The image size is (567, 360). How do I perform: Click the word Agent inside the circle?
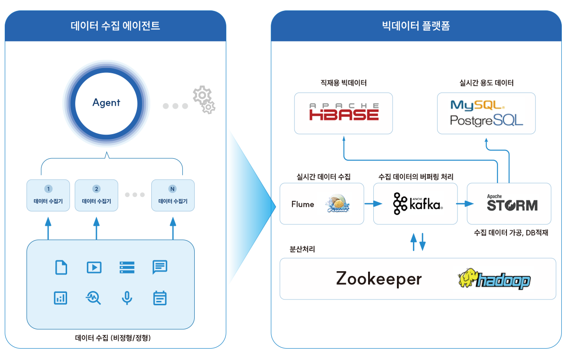pos(106,103)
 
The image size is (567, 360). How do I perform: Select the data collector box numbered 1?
pos(48,195)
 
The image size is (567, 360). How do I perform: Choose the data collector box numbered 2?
pos(96,195)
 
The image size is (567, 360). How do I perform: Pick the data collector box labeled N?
pos(172,195)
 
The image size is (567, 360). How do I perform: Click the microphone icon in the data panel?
pos(126,298)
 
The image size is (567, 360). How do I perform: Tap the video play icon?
pos(94,267)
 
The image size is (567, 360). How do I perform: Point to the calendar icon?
pos(160,298)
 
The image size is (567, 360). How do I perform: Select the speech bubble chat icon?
pos(160,267)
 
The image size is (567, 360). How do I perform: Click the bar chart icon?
pos(61,298)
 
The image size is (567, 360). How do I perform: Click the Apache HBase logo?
pos(344,112)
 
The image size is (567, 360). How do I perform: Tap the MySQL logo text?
pos(477,104)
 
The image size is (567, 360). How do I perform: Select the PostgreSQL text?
pos(486,120)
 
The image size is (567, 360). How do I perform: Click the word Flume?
pos(302,204)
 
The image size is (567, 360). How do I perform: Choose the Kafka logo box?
pos(415,204)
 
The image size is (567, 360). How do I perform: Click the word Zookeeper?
pos(378,279)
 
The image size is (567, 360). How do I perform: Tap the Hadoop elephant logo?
pos(494,279)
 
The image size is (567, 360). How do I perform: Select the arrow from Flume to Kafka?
pos(373,204)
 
